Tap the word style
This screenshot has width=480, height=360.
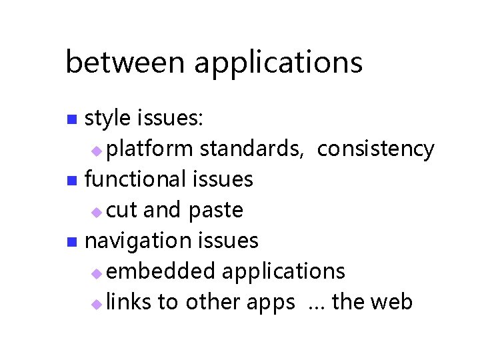pyautogui.click(x=108, y=119)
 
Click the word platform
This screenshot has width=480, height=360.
pyautogui.click(x=150, y=149)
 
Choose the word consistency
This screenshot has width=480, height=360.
pyautogui.click(x=375, y=149)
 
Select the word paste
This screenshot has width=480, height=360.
pyautogui.click(x=215, y=211)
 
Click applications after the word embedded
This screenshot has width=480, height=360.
pyautogui.click(x=283, y=272)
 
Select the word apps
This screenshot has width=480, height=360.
pyautogui.click(x=270, y=303)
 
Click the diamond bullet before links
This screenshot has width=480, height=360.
pyautogui.click(x=97, y=304)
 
